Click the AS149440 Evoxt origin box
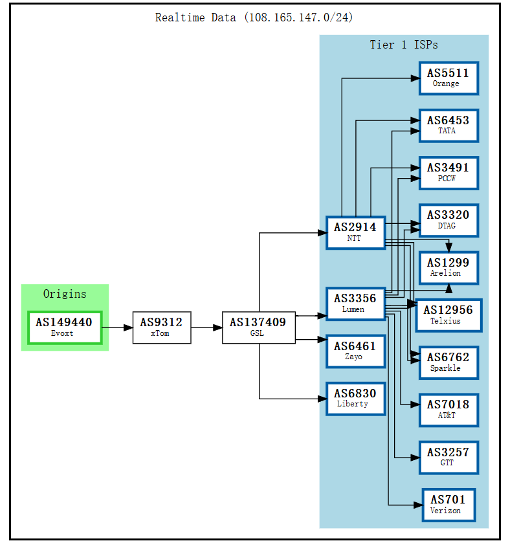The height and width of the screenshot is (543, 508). point(64,327)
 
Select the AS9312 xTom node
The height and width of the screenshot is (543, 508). point(161,327)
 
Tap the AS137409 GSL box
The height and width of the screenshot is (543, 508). point(258,327)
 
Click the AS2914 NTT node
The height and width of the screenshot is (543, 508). point(355,232)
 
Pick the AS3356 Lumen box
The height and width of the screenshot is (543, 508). point(355,304)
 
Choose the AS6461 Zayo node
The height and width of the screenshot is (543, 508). point(355,351)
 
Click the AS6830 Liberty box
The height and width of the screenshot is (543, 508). point(355,398)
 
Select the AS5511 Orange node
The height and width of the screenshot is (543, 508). point(448,78)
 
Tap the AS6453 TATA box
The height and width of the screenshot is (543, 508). point(448,126)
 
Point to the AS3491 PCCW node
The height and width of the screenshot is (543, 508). point(448,173)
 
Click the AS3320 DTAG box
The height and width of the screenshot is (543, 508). point(448,220)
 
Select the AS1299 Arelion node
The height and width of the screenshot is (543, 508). point(448,268)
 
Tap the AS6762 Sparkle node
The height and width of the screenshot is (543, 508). point(448,362)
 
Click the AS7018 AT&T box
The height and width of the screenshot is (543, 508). point(448,410)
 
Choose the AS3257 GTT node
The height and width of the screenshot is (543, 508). point(448,457)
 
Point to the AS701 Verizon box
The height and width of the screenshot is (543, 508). point(448,505)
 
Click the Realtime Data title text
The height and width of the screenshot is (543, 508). point(254,17)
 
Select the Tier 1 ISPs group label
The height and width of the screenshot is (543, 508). point(403,45)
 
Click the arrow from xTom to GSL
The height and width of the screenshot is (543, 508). point(206,327)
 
